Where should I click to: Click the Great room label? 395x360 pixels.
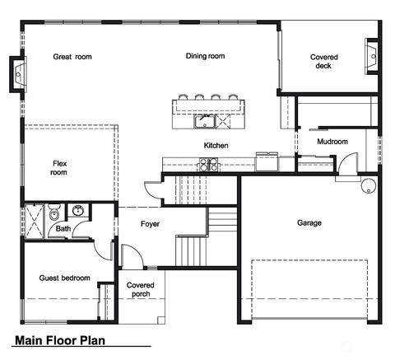pos(72,57)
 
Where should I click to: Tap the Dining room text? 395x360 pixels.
pos(205,56)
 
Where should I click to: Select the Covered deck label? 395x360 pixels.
pos(323,62)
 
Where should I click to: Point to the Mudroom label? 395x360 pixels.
pos(332,142)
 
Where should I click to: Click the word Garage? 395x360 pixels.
pos(309,222)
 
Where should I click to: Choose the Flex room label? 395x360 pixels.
pos(59,168)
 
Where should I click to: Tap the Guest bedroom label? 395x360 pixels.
pos(64,278)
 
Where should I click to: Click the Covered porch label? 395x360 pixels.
pos(141,289)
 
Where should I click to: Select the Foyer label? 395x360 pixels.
pos(150,224)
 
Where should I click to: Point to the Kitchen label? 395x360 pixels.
pos(216,145)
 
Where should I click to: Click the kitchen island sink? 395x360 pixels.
pos(205,122)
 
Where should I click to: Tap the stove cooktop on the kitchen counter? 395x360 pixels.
pos(208,165)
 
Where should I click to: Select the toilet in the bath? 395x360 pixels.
pos(54,212)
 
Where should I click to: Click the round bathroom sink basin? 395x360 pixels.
pos(78,211)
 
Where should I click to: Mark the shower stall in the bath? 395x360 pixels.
pos(35,221)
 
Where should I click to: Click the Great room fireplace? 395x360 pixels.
pos(18,74)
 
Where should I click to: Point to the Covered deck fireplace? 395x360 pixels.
pos(373,56)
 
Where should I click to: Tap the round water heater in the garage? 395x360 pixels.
pos(369,185)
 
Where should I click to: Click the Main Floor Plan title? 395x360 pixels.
pos(60,340)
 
